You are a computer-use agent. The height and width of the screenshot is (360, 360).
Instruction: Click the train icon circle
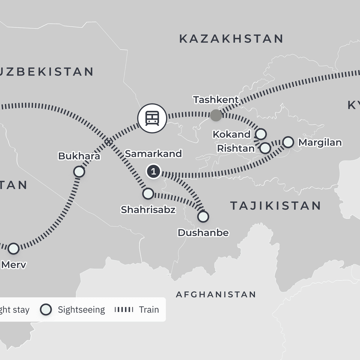[x=152, y=118]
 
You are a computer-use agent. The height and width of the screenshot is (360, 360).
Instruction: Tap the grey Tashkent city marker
[x=216, y=115]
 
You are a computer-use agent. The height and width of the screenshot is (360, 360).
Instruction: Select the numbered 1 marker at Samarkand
[x=153, y=172]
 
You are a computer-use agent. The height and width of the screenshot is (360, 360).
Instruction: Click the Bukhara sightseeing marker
[x=79, y=172]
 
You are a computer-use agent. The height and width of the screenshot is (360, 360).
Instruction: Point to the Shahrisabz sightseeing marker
[x=148, y=194]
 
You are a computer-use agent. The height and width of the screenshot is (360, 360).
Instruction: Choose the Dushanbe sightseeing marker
[x=203, y=216]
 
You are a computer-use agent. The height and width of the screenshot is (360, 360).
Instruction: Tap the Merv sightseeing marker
[x=13, y=248]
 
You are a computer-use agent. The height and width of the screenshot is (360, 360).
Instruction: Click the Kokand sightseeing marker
[x=261, y=134]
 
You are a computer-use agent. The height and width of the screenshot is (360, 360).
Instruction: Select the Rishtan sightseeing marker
[x=265, y=148]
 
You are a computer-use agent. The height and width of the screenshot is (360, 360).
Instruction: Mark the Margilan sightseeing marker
[x=288, y=142]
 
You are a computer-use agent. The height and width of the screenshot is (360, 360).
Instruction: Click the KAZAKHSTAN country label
[x=231, y=39]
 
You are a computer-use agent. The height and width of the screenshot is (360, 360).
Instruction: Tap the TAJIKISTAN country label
[x=275, y=206]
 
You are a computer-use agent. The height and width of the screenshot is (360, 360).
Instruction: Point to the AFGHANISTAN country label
[x=216, y=295]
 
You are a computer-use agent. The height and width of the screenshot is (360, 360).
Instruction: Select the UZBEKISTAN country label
[x=46, y=72]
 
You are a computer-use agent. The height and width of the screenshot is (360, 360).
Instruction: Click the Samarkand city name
[x=153, y=154]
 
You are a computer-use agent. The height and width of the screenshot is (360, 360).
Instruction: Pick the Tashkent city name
[x=216, y=100]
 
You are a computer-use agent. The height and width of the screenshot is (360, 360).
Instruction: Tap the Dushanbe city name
[x=203, y=232]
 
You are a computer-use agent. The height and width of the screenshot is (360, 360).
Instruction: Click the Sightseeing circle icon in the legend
[x=46, y=310]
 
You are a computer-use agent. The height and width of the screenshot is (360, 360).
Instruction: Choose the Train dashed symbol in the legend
[x=124, y=310]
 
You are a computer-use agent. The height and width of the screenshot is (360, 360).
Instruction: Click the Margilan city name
[x=320, y=142]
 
